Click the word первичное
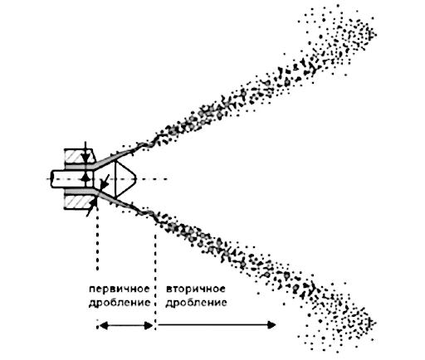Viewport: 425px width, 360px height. click(x=120, y=289)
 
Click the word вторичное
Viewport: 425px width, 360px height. click(x=196, y=289)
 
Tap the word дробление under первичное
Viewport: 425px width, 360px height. click(x=120, y=302)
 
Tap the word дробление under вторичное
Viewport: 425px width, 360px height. click(x=196, y=302)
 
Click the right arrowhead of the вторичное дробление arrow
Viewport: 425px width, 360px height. click(x=272, y=325)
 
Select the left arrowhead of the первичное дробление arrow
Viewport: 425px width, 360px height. click(x=104, y=326)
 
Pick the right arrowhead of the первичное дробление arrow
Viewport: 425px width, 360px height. click(x=149, y=326)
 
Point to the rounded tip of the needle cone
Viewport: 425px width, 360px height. click(x=136, y=179)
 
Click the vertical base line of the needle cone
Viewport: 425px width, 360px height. click(x=115, y=179)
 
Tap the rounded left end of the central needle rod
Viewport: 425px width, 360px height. click(x=51, y=179)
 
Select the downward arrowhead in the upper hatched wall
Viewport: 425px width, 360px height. click(x=85, y=158)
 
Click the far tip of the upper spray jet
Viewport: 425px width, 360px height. click(x=375, y=35)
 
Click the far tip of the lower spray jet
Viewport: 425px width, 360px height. click(x=374, y=323)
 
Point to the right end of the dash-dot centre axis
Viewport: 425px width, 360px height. click(x=167, y=179)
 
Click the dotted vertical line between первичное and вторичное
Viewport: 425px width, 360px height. click(x=155, y=280)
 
